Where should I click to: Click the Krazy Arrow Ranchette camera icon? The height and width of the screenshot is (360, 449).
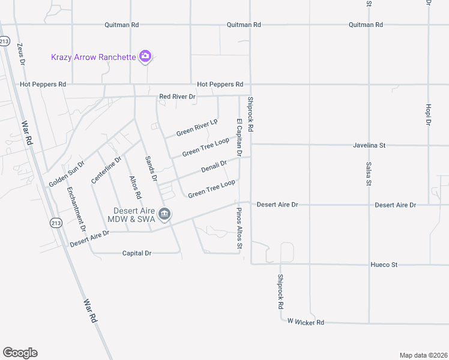pos(145,57)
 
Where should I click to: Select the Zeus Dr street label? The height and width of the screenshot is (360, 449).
pos(22,53)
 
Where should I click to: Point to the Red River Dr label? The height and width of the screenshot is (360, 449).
pos(177,97)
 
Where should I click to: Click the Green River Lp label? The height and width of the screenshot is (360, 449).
pos(196,128)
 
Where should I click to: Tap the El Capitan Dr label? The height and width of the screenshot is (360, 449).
pos(239,137)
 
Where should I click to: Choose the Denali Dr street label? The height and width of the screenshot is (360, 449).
pos(214,166)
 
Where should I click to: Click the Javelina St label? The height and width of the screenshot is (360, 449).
pos(369,145)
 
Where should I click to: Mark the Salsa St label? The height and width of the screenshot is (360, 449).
pos(369,174)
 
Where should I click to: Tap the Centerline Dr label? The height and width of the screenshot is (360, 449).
pos(106,170)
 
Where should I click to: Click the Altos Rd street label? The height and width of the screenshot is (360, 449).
pos(136,187)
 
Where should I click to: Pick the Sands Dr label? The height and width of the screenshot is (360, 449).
pos(151,169)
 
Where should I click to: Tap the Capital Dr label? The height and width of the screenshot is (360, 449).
pos(137,253)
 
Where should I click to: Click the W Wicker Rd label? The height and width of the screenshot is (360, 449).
pos(306,322)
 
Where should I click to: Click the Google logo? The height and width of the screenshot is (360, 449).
pos(20,353)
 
